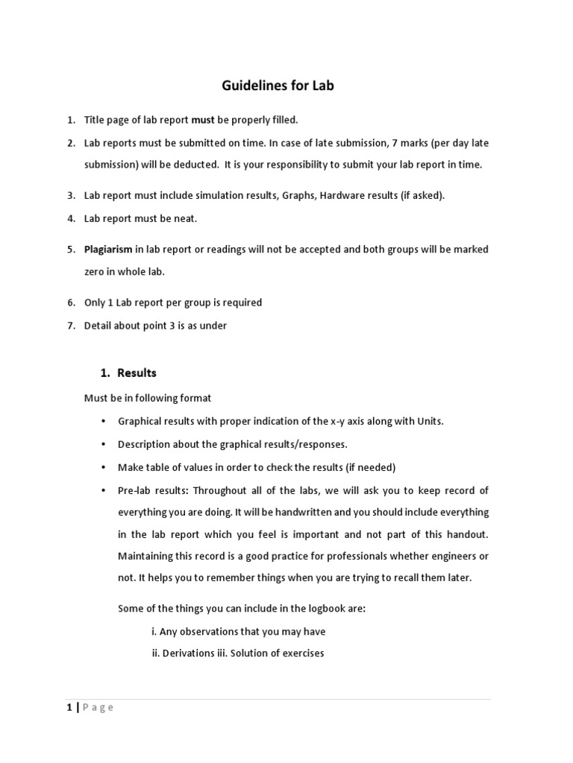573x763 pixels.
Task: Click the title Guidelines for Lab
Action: (278, 86)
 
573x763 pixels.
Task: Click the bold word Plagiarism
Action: (108, 250)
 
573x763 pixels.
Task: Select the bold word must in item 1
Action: (203, 120)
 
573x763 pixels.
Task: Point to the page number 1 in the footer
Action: (69, 708)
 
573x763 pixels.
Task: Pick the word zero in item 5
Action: (95, 272)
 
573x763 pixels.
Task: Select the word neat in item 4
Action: (186, 218)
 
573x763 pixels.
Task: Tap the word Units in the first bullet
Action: (427, 421)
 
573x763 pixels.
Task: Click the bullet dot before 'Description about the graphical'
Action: (102, 444)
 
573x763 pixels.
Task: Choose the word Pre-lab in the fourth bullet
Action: (136, 490)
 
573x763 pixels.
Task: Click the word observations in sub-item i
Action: (206, 632)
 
